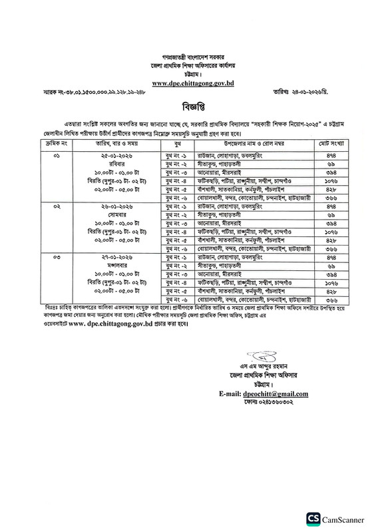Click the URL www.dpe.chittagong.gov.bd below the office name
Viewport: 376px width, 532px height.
188,83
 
